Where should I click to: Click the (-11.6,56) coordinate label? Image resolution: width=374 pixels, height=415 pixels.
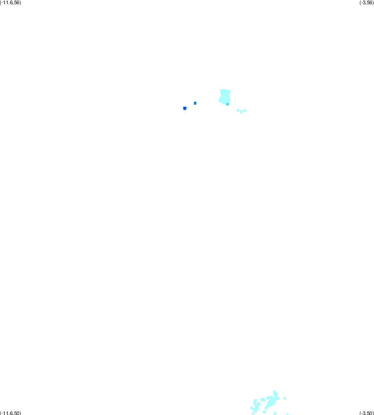click(10, 2)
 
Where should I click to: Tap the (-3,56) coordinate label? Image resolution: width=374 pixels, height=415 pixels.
click(367, 2)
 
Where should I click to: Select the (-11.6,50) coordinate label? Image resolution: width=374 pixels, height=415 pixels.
click(10, 413)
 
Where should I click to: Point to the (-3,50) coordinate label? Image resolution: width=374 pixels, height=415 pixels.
click(367, 413)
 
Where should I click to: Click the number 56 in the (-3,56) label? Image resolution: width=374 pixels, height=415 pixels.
click(369, 2)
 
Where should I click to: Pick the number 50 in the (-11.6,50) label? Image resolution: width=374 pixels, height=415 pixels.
click(17, 413)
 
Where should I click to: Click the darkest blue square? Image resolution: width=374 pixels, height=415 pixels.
click(184, 108)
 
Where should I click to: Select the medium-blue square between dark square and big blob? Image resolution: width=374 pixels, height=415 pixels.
click(195, 103)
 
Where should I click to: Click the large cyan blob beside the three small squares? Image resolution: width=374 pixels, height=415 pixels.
click(224, 97)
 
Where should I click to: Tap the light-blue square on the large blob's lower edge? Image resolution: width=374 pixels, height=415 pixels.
click(228, 104)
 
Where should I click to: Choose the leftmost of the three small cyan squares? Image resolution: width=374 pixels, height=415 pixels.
click(238, 111)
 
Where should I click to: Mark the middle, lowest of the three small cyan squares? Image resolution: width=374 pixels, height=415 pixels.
click(241, 112)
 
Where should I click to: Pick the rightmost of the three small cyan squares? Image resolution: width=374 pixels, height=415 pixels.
click(244, 111)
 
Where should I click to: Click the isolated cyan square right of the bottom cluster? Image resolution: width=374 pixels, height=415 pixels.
click(285, 398)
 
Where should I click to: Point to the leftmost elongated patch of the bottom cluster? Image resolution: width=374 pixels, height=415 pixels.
click(255, 406)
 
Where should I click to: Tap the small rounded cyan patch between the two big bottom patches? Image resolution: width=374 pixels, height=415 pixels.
click(263, 400)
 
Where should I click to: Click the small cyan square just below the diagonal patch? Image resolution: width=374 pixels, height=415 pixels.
click(264, 412)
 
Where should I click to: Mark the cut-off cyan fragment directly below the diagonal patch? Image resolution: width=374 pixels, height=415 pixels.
click(275, 413)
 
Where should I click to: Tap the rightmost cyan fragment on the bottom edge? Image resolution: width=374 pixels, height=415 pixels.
click(287, 414)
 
